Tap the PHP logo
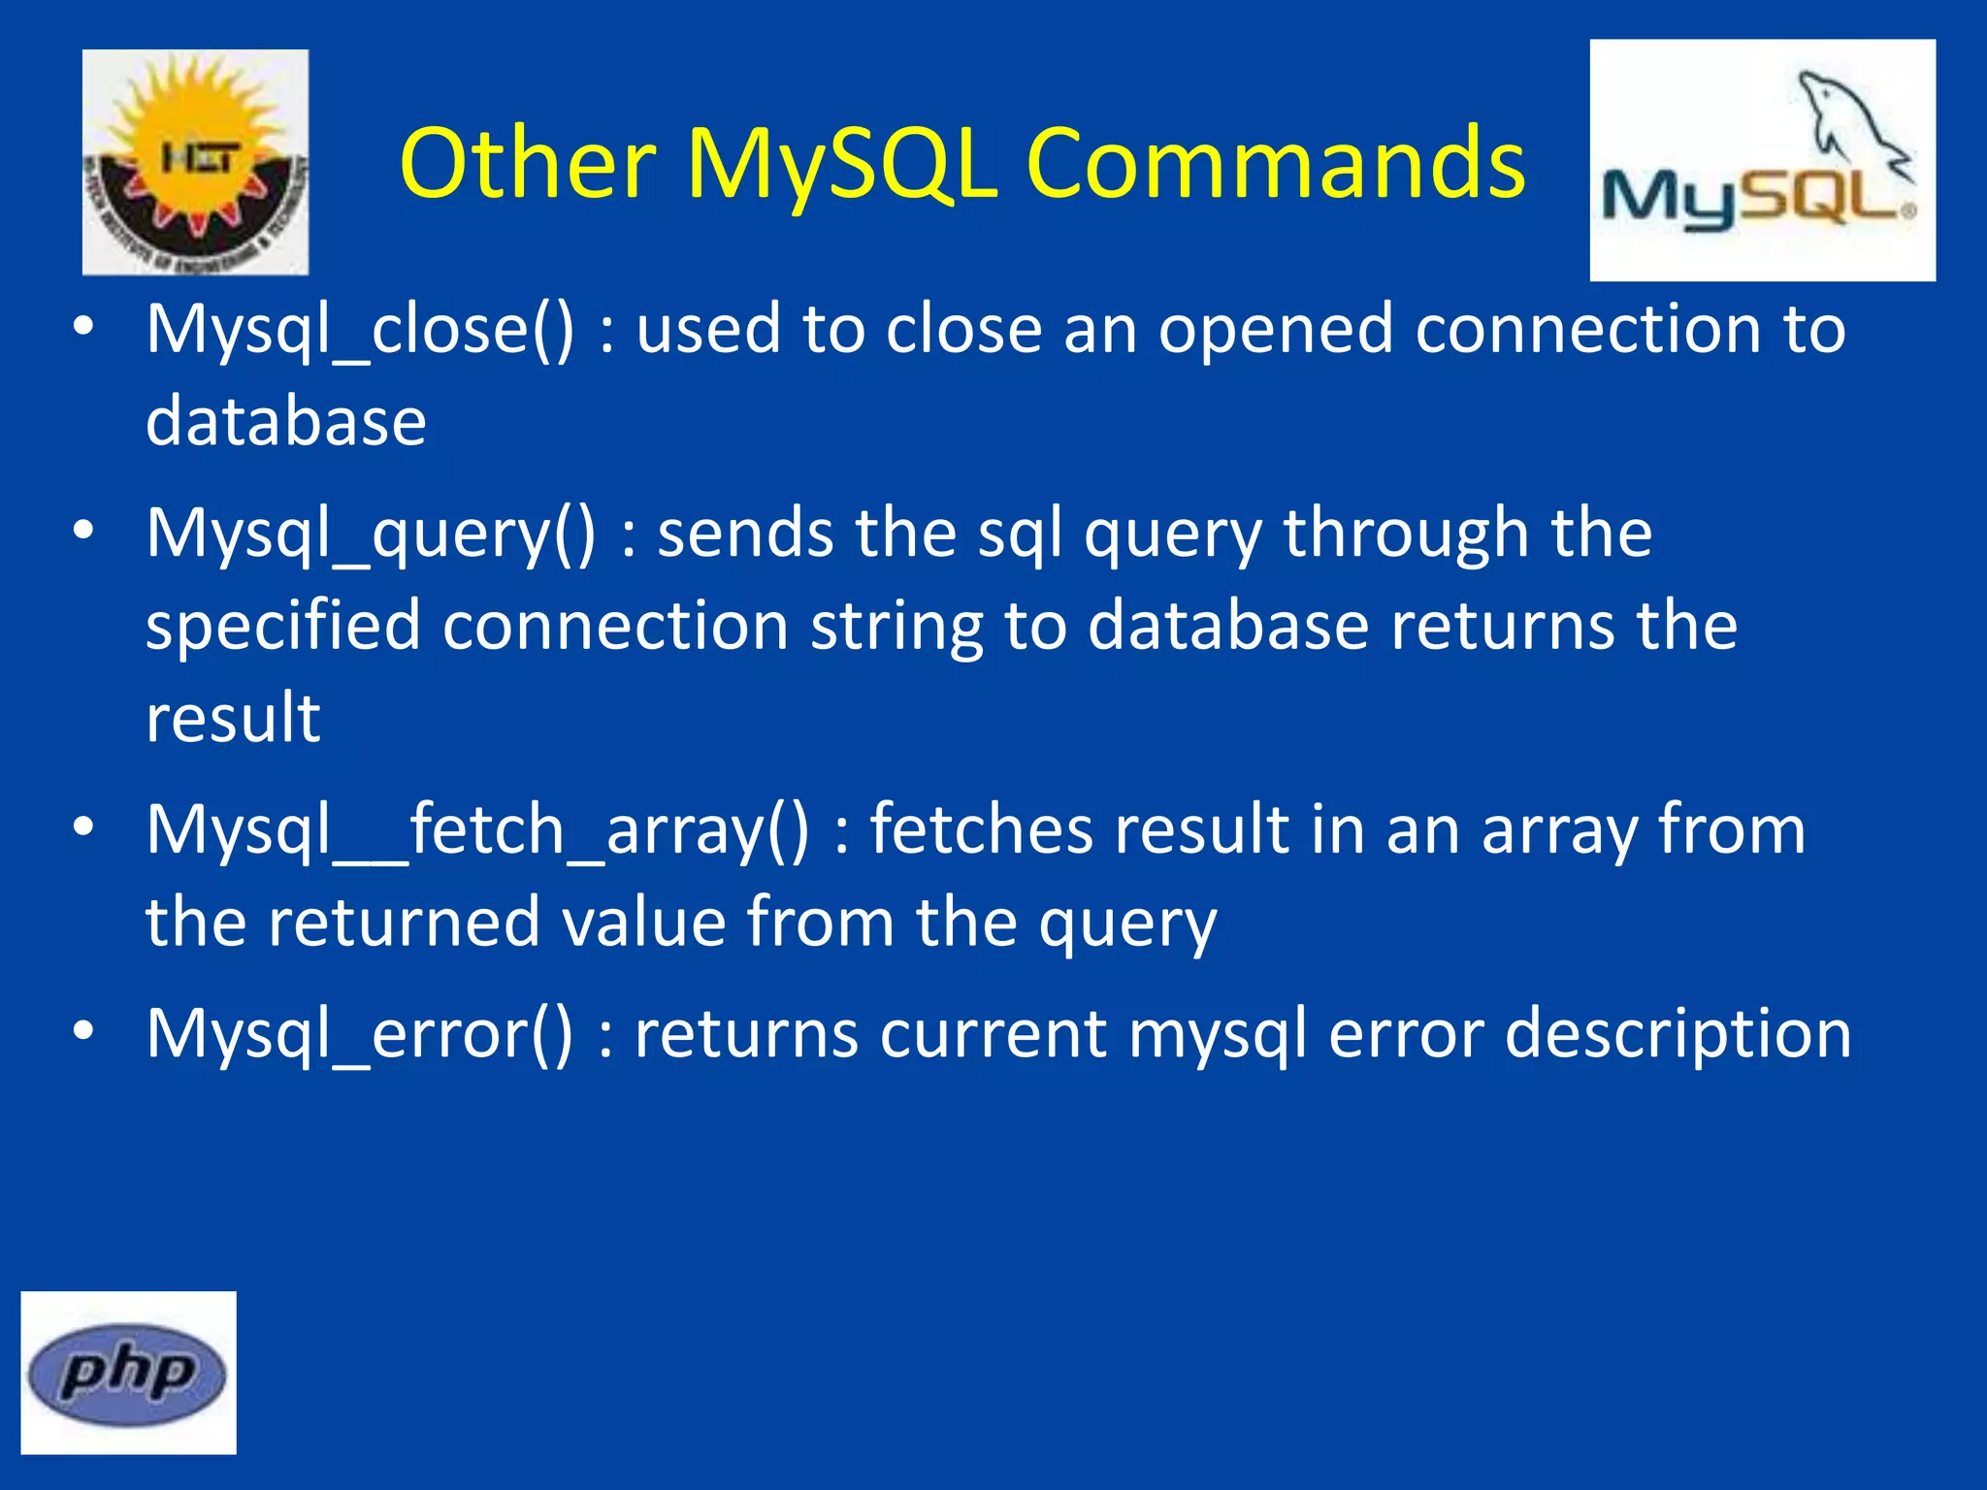pos(128,1374)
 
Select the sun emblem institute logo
pos(195,162)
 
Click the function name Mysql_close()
pos(360,330)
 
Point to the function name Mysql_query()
pos(371,534)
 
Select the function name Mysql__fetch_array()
pos(477,831)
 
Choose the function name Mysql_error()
pos(360,1034)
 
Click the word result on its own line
pos(233,719)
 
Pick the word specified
pos(282,627)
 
